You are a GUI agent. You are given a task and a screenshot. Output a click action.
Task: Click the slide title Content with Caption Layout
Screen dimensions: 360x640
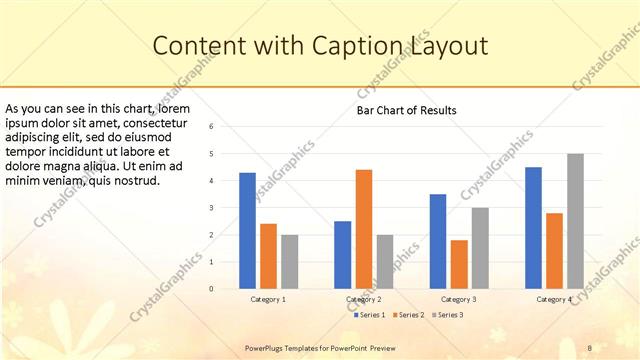[x=320, y=46]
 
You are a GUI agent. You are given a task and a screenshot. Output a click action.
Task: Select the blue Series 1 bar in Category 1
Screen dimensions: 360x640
[x=247, y=231]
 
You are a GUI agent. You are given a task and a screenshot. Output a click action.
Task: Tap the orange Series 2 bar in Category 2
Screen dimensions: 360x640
[x=364, y=229]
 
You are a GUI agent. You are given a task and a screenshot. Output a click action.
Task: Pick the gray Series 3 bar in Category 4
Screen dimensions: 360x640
[x=575, y=221]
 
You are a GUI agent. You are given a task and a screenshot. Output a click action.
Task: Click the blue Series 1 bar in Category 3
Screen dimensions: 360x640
[x=438, y=241]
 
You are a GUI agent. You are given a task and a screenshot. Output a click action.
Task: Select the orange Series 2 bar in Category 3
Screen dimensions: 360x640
[x=459, y=264]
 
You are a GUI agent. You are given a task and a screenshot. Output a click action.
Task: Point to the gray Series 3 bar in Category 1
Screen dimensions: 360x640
[x=289, y=261]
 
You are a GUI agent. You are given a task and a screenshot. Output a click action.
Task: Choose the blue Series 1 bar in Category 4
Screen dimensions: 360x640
[x=533, y=227]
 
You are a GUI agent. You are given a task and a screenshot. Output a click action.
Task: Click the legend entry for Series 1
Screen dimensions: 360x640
[x=372, y=315]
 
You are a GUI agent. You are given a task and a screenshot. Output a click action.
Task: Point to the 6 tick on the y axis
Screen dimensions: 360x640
[x=211, y=127]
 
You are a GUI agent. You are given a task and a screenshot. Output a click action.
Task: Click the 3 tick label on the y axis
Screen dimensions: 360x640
[x=211, y=208]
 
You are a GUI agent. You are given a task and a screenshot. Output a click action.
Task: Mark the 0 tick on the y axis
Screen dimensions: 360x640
[x=211, y=289]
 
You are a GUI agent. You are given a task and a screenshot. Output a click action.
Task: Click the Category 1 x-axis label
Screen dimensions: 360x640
[x=268, y=299]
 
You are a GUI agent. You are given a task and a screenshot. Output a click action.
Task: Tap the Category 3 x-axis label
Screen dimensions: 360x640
[x=459, y=299]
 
